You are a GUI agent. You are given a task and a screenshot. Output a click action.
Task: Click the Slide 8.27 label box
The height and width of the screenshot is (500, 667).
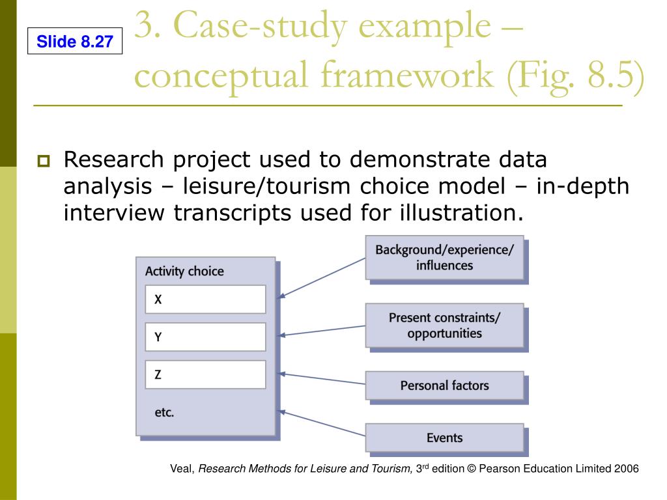point(75,43)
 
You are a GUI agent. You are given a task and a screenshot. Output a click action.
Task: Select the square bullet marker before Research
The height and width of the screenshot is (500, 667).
point(44,161)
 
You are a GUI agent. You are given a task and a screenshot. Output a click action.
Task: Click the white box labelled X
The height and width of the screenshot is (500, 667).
point(205,299)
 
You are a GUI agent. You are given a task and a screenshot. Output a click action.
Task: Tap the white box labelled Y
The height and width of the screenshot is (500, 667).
point(205,337)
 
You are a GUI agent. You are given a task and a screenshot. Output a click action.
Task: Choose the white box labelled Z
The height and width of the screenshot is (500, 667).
point(205,374)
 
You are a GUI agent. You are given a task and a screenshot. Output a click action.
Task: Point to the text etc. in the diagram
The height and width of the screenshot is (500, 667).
point(164,412)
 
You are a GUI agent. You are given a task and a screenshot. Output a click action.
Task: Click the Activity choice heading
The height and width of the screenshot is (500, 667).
point(184,271)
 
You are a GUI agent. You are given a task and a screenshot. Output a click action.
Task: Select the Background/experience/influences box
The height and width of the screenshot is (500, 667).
point(444,258)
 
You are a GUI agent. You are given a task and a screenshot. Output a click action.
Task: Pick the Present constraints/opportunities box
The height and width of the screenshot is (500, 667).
point(444,326)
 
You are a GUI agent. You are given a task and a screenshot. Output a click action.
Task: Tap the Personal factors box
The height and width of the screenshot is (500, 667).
point(444,385)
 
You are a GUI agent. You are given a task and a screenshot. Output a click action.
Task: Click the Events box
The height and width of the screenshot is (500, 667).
point(444,437)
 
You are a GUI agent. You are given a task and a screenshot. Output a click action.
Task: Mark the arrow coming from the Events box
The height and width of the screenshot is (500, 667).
point(322,423)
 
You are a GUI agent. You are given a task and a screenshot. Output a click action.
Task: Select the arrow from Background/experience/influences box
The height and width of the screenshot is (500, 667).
point(322,278)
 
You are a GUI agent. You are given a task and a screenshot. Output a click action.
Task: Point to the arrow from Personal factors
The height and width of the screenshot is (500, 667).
point(322,379)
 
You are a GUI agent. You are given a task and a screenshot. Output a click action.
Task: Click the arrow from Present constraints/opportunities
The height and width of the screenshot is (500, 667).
point(322,330)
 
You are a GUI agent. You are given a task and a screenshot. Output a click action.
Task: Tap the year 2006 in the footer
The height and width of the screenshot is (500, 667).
point(627,469)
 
